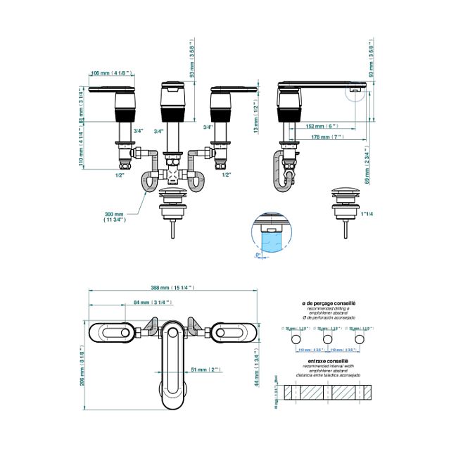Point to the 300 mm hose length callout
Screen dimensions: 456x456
tap(115, 216)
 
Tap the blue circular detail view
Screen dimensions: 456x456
tap(270, 234)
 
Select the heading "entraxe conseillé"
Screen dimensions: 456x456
tap(329, 360)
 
